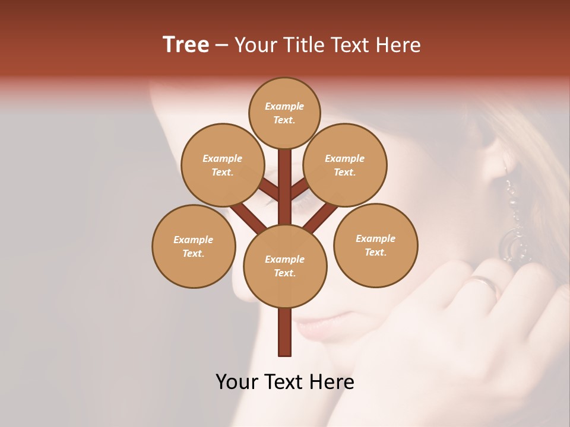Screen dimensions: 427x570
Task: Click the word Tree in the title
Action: [x=186, y=45]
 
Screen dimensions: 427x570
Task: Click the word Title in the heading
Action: [x=304, y=45]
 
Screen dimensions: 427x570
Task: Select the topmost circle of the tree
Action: [x=284, y=113]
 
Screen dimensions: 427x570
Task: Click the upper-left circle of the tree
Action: [x=222, y=165]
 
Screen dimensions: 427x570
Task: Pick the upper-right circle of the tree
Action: [x=345, y=165]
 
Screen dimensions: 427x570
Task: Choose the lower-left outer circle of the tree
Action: [x=194, y=246]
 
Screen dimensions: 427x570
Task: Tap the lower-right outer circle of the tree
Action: [x=375, y=245]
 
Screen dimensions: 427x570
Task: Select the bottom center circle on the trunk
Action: [x=285, y=266]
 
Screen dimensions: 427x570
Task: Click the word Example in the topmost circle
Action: [x=284, y=106]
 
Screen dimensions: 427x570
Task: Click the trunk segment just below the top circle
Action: [x=285, y=166]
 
